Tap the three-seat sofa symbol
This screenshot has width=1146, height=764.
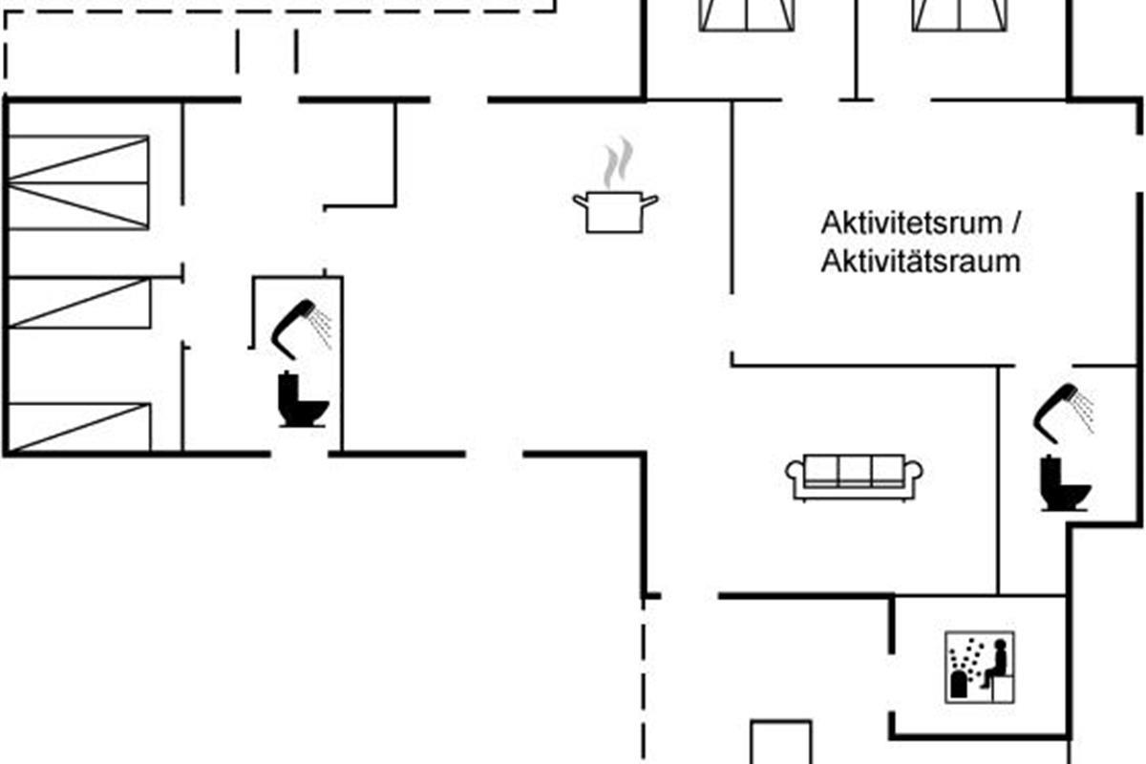pos(854,477)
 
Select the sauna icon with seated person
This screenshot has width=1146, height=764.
pos(980,668)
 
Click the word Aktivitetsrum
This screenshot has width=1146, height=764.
pos(911,223)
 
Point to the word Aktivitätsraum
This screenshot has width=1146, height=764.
pos(921,262)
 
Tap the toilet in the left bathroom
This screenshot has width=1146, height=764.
pos(303,399)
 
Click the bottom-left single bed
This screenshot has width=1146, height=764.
pos(79,428)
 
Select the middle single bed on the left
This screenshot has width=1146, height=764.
pos(79,303)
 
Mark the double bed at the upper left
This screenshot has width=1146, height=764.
pos(78,182)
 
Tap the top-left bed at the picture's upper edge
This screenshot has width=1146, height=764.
pos(747,15)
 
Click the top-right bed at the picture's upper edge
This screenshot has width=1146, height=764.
pos(959,15)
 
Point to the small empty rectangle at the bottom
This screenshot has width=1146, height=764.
pos(781,742)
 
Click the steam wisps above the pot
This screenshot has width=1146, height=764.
pos(618,162)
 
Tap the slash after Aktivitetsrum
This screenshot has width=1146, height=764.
pos(1015,223)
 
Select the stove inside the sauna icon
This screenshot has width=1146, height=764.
pos(958,685)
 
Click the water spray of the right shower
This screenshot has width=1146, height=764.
pos(1085,412)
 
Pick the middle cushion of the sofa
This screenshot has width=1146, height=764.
pos(855,469)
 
